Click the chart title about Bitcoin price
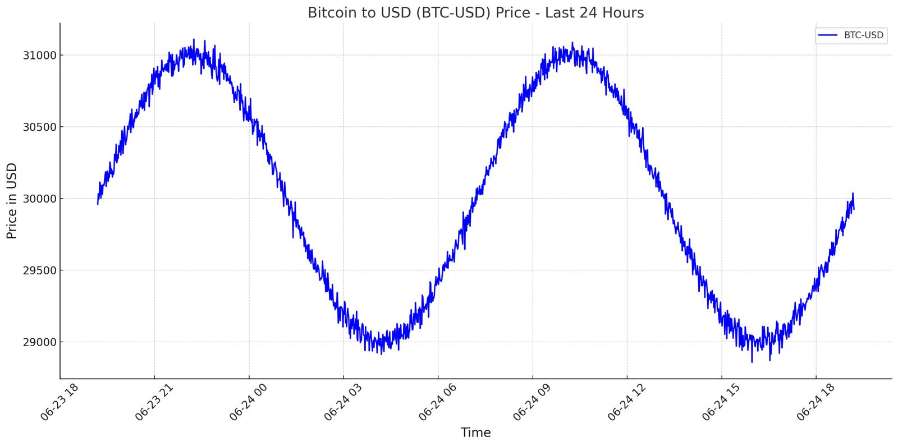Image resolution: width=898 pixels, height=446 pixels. [476, 13]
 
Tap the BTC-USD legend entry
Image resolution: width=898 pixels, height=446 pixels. [851, 35]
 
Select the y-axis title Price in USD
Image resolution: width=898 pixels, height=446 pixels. [12, 201]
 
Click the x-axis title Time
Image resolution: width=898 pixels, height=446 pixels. [475, 433]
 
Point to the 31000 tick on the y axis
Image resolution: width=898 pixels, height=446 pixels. [39, 56]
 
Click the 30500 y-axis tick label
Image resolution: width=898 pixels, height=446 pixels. [39, 127]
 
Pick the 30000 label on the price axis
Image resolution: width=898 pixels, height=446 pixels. [39, 199]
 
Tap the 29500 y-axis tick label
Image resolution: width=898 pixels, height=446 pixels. [39, 270]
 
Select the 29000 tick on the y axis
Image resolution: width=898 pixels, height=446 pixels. [39, 342]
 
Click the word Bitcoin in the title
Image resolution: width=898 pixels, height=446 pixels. [332, 13]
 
